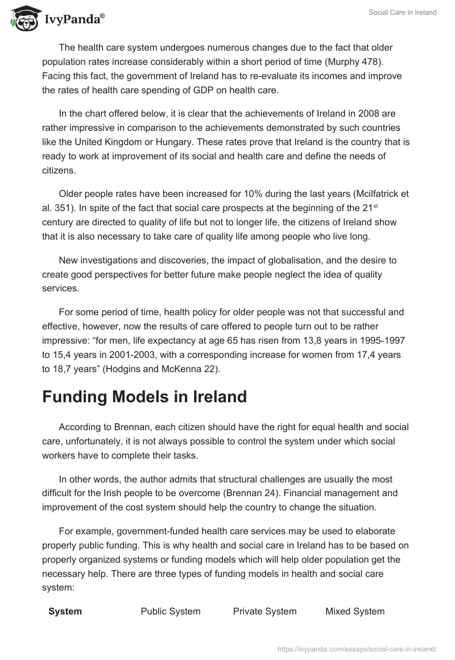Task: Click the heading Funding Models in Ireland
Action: [x=144, y=397]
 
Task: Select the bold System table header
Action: [x=65, y=611]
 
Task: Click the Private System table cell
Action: [x=264, y=611]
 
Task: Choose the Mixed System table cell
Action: [x=355, y=611]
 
